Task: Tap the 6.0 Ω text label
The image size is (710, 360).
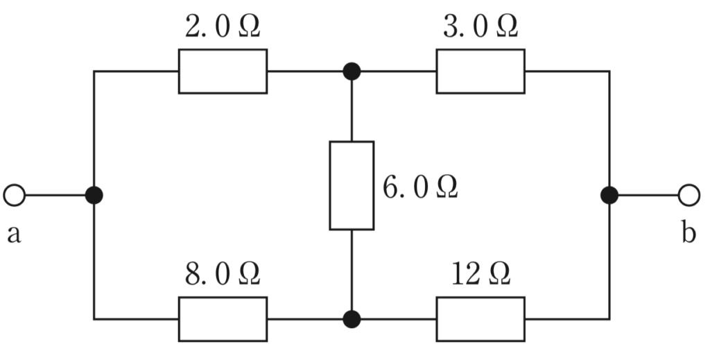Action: (x=420, y=187)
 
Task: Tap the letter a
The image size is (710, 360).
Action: (x=14, y=234)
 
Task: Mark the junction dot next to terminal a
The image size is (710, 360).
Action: (x=94, y=195)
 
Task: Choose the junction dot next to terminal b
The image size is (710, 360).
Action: (x=609, y=195)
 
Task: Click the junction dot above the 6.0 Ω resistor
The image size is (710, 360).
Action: (x=352, y=71)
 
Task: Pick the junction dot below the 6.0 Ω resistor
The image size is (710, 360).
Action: (x=352, y=319)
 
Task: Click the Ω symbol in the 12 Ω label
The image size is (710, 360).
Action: (x=499, y=275)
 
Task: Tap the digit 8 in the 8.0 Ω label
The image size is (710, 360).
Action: (x=193, y=275)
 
